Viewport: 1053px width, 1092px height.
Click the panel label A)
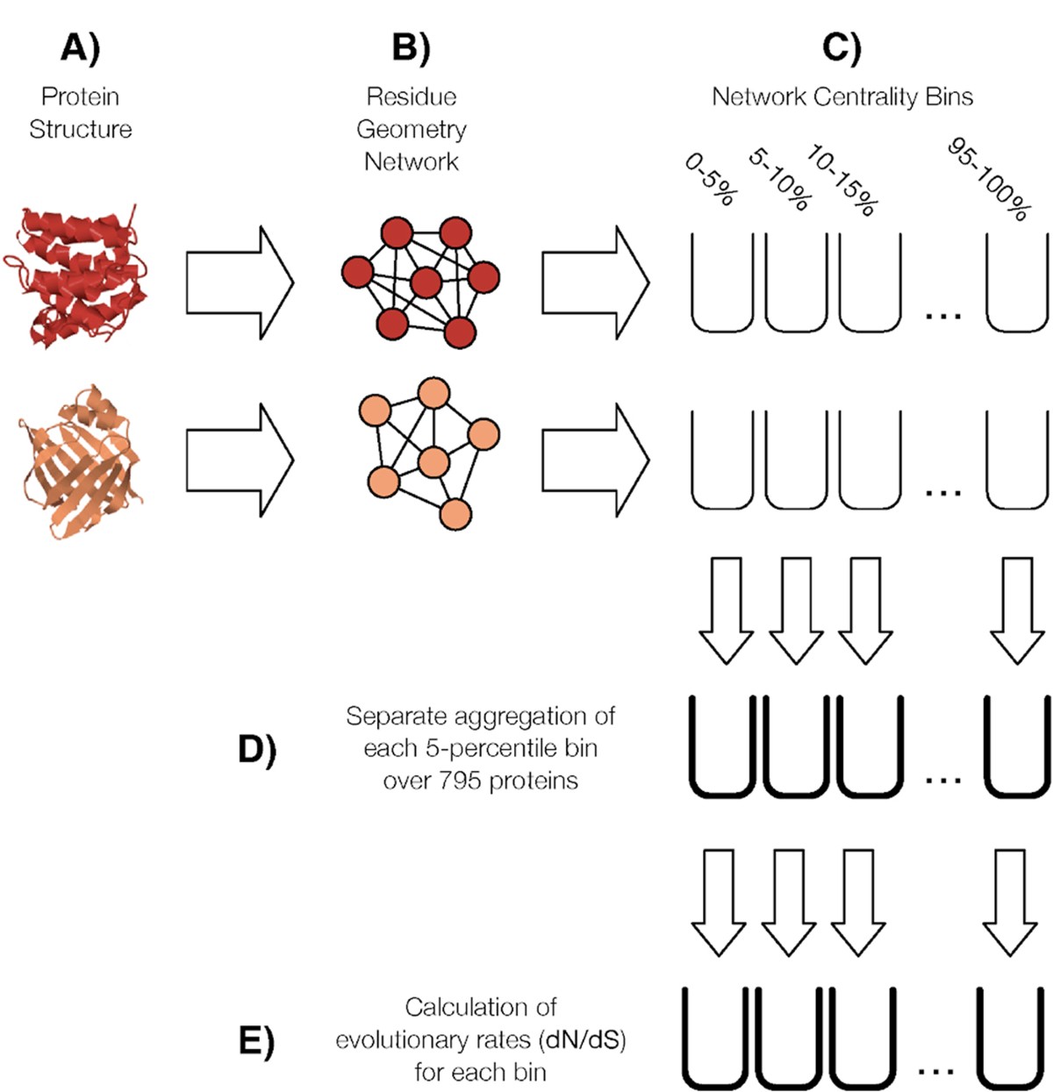pos(81,48)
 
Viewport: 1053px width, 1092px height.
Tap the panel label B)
pos(411,48)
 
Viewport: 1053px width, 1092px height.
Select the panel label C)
pos(842,48)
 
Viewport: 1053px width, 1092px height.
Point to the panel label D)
pos(256,750)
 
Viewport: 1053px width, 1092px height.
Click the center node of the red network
pos(426,282)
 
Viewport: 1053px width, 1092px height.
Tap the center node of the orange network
pos(433,462)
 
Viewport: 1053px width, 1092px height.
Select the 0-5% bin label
pos(709,181)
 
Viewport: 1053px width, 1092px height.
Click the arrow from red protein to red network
pos(239,282)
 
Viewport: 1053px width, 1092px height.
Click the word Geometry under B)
pos(412,129)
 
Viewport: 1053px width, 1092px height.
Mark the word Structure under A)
pos(81,129)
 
